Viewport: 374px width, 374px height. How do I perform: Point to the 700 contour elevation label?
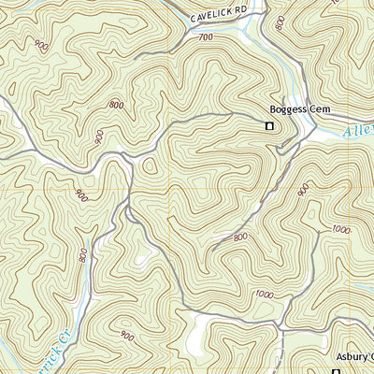[x=207, y=37]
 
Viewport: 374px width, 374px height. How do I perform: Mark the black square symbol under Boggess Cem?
[x=269, y=126]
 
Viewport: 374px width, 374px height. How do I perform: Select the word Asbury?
[x=351, y=357]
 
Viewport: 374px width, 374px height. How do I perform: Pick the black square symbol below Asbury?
[x=337, y=370]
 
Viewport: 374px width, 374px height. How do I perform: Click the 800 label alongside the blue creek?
[x=84, y=255]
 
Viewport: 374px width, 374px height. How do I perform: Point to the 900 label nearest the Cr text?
[x=125, y=333]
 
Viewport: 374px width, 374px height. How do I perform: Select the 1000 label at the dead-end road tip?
[x=338, y=229]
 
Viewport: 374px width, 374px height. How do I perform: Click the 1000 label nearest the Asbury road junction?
[x=266, y=295]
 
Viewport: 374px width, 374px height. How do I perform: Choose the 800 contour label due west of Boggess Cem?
[x=116, y=105]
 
